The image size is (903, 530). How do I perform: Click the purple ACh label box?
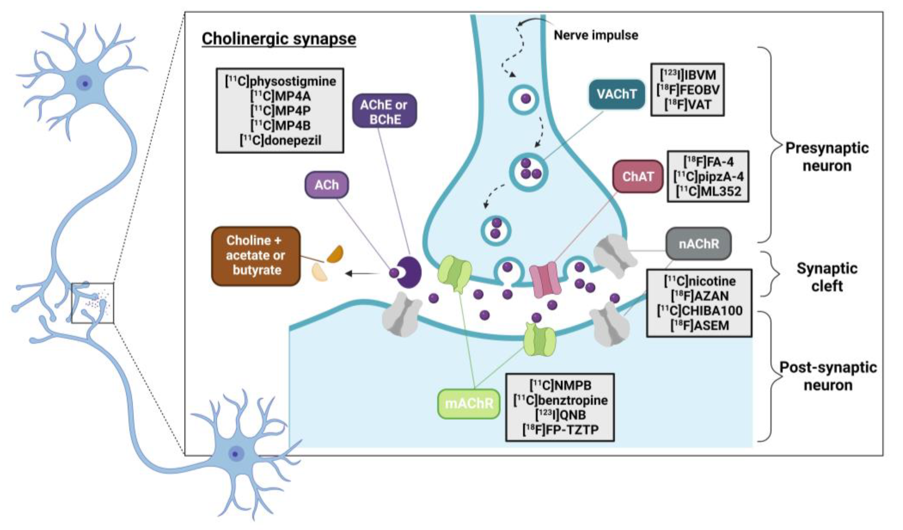coord(326,185)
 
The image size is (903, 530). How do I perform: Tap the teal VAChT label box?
coord(616,94)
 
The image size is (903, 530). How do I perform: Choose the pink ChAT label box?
coord(638,176)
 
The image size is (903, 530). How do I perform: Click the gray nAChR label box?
coord(698,244)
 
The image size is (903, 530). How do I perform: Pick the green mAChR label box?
coord(469,403)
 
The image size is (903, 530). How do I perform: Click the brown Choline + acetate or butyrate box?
coord(255,255)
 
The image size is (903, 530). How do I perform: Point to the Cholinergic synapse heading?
coord(279,39)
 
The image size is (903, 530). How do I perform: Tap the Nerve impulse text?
coord(596,35)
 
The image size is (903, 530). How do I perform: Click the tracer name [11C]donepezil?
coord(280,140)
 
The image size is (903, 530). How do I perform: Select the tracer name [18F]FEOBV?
coord(688,90)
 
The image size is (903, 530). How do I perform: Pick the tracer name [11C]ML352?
coord(708,191)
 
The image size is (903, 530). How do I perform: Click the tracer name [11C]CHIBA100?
coord(699,311)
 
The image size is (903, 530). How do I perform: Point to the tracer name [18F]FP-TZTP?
coord(560,429)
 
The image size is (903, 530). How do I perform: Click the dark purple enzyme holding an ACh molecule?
coord(409,272)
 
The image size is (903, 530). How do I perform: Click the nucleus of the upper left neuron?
coord(85,84)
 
